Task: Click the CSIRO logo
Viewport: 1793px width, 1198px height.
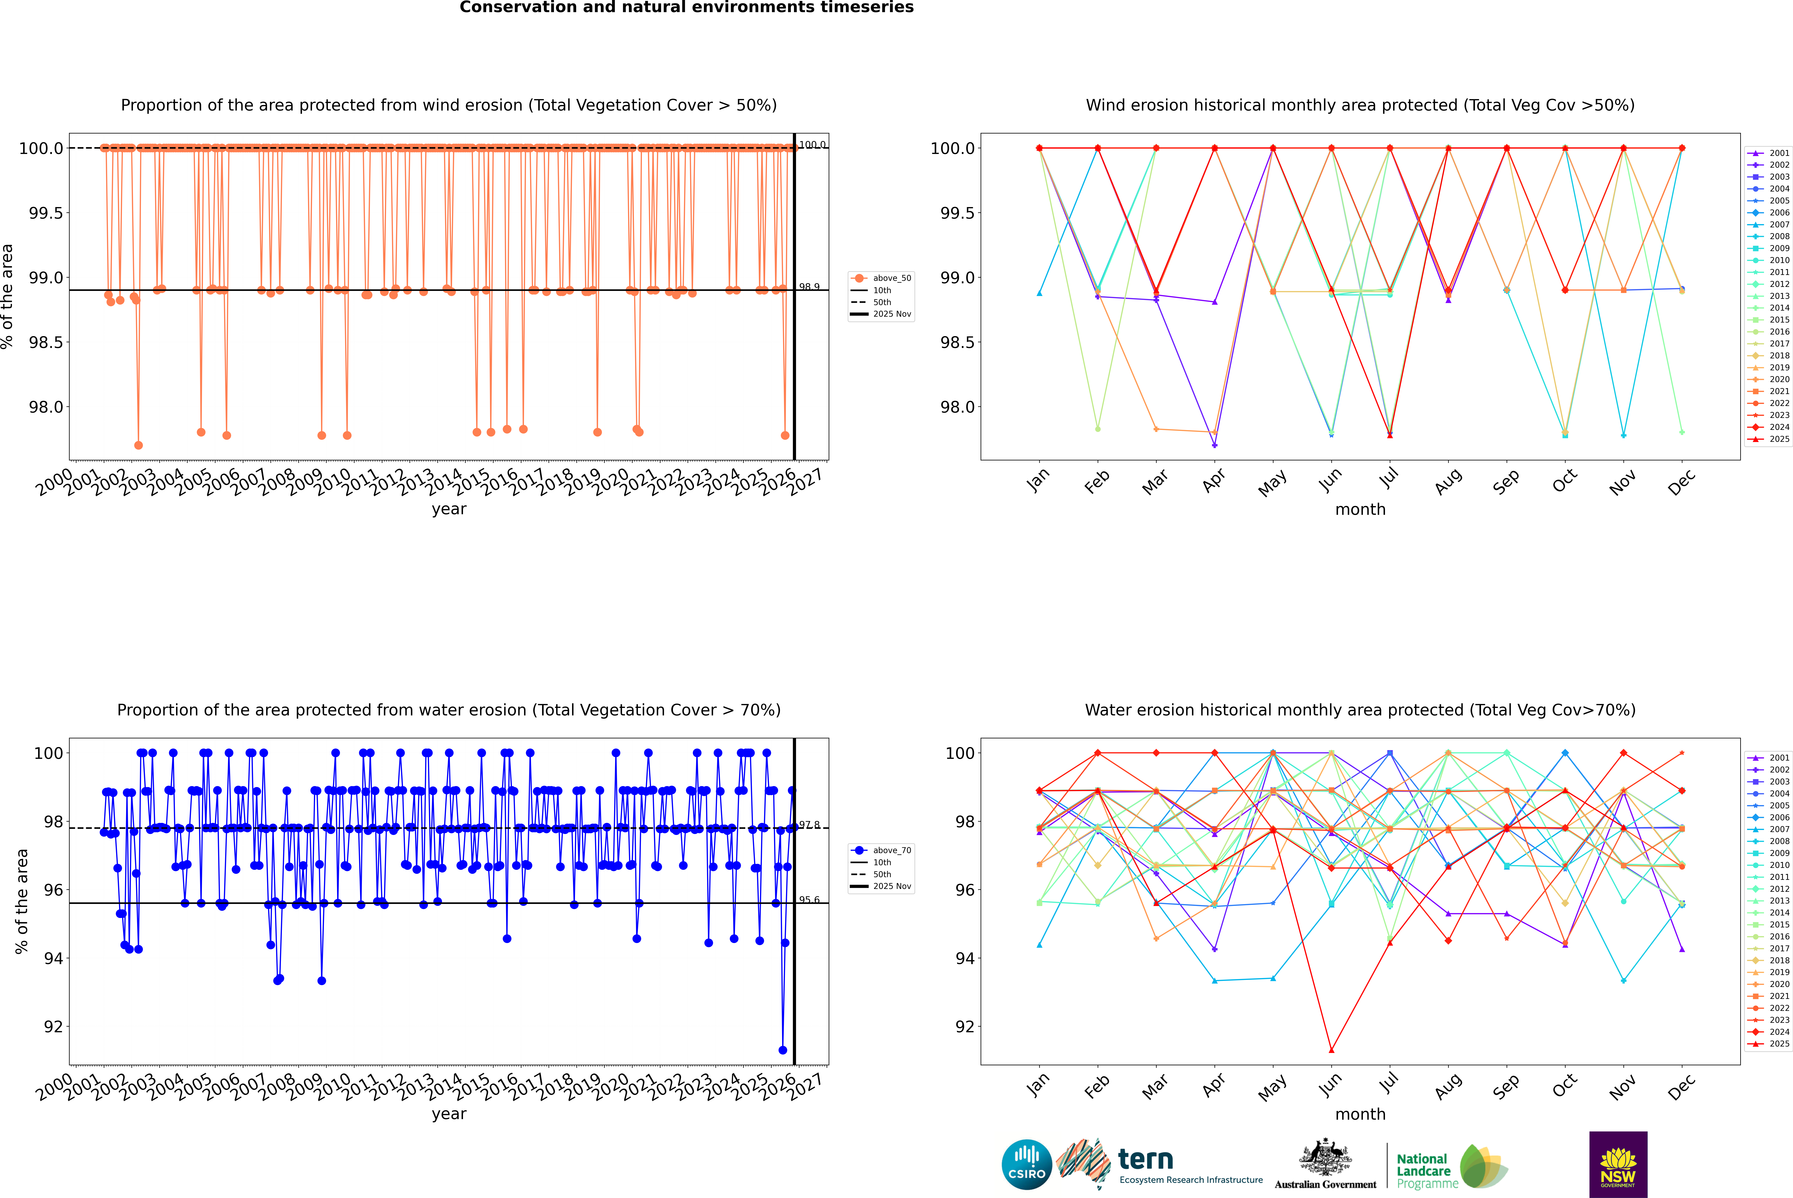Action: [x=1027, y=1164]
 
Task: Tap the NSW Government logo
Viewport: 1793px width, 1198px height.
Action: [x=1618, y=1164]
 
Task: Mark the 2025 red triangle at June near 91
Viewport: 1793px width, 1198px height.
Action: [x=1331, y=1050]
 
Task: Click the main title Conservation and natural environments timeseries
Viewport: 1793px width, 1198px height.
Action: [x=686, y=8]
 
